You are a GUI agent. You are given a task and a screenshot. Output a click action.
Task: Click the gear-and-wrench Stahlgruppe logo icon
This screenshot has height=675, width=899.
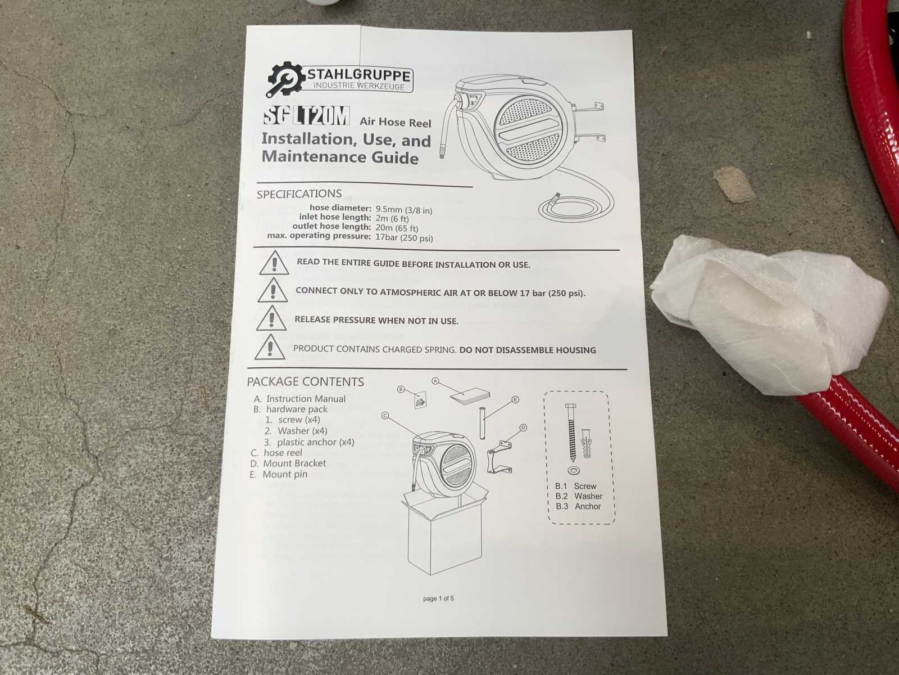(285, 79)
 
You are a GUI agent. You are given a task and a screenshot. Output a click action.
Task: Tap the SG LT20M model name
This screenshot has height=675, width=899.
(306, 115)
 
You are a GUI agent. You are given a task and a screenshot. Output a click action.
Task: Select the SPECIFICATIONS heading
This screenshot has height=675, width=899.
(299, 193)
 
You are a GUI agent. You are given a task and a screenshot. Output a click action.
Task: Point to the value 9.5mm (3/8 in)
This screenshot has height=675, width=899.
(404, 210)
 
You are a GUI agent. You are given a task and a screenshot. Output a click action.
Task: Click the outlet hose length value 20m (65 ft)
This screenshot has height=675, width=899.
(397, 228)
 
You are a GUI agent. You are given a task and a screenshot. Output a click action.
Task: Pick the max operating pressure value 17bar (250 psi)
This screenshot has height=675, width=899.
(404, 237)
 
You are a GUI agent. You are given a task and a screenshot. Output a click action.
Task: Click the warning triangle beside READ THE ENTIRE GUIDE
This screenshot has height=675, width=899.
(274, 263)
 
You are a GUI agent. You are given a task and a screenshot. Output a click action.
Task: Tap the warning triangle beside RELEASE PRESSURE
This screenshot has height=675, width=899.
(271, 318)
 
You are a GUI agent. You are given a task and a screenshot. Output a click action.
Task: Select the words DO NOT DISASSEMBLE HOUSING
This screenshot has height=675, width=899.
(528, 350)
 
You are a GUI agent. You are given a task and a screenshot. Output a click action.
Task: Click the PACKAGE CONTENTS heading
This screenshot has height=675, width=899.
(305, 381)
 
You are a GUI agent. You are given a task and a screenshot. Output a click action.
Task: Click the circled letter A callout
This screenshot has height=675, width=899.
(435, 381)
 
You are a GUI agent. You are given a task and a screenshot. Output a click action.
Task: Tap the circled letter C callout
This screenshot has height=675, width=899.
(384, 416)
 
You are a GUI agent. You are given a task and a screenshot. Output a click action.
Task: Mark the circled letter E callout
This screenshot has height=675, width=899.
(515, 399)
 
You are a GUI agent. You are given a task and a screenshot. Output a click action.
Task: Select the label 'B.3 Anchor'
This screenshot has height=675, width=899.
(578, 506)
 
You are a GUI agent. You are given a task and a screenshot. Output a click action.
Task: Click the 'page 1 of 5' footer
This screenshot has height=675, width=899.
(438, 598)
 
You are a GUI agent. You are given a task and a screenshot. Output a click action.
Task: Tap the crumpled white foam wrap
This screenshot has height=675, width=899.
(766, 313)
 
